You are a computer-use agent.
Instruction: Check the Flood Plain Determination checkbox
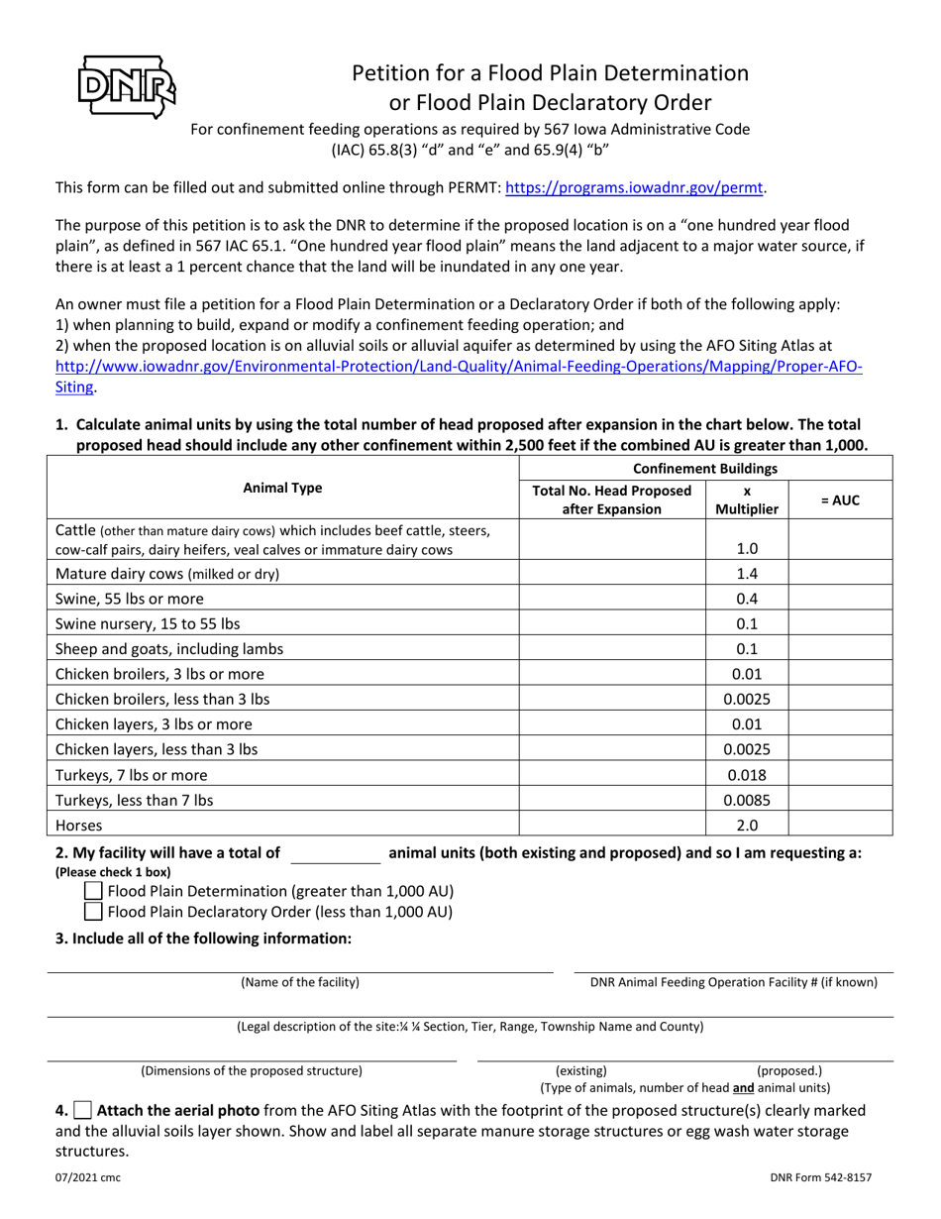pyautogui.click(x=94, y=890)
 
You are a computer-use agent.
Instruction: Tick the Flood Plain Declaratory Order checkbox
pyautogui.click(x=94, y=912)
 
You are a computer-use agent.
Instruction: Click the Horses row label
pyautogui.click(x=79, y=825)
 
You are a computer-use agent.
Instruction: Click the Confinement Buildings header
pyautogui.click(x=705, y=468)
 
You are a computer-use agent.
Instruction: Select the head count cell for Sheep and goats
pyautogui.click(x=612, y=649)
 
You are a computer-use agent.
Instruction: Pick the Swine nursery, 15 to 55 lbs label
pyautogui.click(x=148, y=623)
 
